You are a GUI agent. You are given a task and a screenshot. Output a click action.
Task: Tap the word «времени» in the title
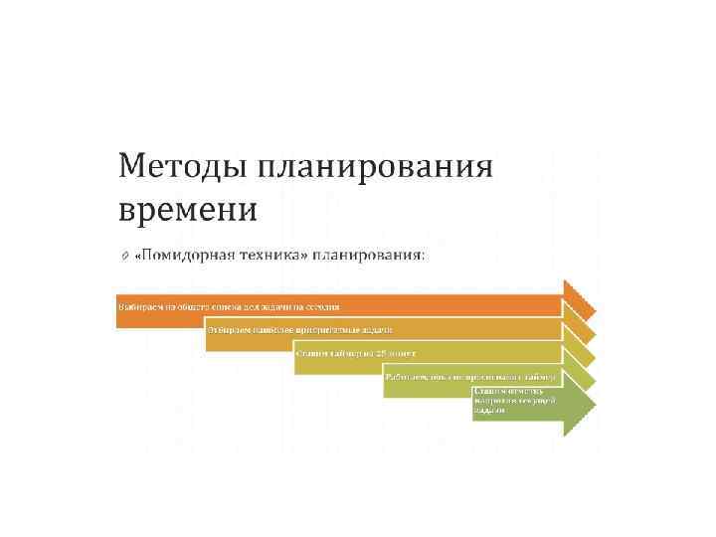(187, 210)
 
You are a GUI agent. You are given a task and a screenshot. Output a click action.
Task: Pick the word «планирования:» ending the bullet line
(368, 256)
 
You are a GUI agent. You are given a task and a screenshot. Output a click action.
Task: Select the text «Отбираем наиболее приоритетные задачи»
(299, 330)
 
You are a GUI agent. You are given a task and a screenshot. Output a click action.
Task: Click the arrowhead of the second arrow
(580, 331)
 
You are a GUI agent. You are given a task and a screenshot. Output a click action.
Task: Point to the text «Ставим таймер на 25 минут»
(355, 353)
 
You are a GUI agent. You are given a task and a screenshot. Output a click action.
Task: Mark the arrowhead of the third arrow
(580, 355)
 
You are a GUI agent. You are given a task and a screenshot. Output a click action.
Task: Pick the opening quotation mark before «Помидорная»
(137, 256)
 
